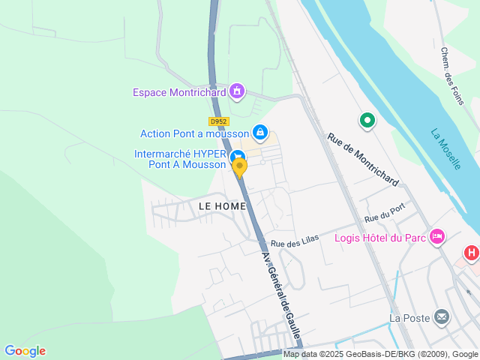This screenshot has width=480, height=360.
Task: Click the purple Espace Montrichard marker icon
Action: tap(238, 91)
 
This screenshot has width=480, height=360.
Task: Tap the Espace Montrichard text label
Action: tap(180, 92)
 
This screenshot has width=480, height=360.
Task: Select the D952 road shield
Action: tap(218, 121)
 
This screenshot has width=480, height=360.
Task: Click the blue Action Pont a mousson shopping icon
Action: tap(259, 133)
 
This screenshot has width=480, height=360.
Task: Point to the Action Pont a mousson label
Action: tap(194, 133)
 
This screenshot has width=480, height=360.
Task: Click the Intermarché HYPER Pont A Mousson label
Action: tap(179, 159)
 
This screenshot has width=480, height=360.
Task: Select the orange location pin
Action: tap(240, 167)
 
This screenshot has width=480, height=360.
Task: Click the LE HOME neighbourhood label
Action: tap(222, 205)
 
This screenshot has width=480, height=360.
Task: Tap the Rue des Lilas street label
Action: tap(295, 241)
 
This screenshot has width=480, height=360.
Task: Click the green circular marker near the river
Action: tap(367, 119)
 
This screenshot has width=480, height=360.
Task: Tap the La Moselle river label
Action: tap(445, 148)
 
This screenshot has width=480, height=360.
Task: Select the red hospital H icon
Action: tap(472, 253)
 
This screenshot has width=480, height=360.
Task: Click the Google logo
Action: tap(25, 351)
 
